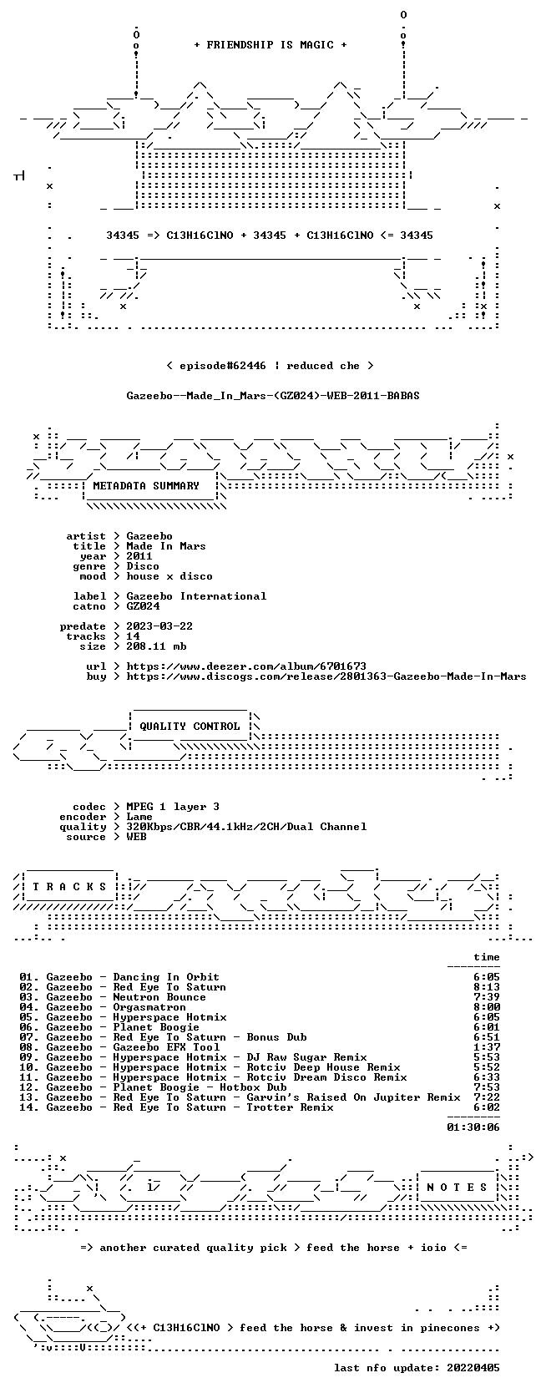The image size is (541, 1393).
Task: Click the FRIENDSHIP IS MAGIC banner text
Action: pyautogui.click(x=270, y=45)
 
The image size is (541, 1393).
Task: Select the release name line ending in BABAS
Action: pyautogui.click(x=273, y=396)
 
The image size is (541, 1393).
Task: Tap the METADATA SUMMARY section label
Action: pyautogui.click(x=146, y=486)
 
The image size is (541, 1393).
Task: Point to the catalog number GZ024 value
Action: pyautogui.click(x=143, y=606)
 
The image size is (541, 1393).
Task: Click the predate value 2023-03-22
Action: pyautogui.click(x=159, y=626)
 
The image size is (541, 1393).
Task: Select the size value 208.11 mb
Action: pyautogui.click(x=156, y=646)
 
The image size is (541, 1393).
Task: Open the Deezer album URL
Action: pyautogui.click(x=246, y=666)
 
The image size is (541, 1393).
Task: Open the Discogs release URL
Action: pyautogui.click(x=326, y=676)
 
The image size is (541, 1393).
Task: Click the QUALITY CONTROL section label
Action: pyautogui.click(x=190, y=727)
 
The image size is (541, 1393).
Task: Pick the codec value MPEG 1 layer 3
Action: pyautogui.click(x=173, y=807)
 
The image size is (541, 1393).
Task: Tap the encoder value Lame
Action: pyautogui.click(x=139, y=817)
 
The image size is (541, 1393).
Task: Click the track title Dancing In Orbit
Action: pyautogui.click(x=166, y=977)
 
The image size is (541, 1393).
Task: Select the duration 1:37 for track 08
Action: pyautogui.click(x=486, y=1046)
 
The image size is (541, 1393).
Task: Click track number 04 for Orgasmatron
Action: pyautogui.click(x=28, y=1007)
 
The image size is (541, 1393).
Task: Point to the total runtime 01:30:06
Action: pyautogui.click(x=473, y=1127)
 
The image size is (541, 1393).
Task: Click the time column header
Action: pyautogui.click(x=486, y=957)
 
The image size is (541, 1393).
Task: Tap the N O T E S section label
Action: pyautogui.click(x=457, y=1188)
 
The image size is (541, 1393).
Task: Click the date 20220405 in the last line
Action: pyautogui.click(x=473, y=1367)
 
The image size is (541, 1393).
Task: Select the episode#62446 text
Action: pyautogui.click(x=223, y=366)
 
